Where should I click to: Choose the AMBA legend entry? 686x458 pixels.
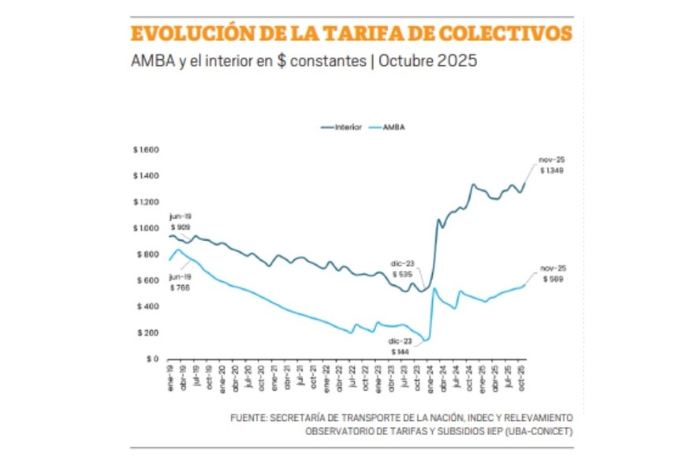393,126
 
